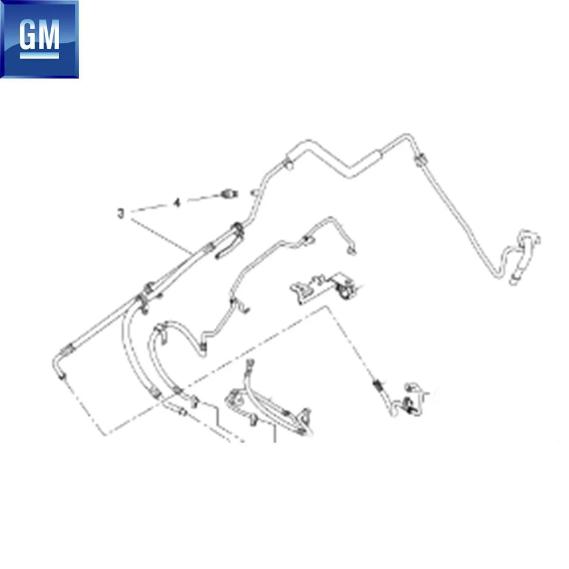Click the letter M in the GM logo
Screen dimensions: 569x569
(48, 34)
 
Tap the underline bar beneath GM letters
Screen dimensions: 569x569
(39, 55)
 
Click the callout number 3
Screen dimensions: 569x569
(120, 213)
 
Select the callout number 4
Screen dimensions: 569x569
(177, 203)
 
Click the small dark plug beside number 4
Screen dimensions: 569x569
(229, 194)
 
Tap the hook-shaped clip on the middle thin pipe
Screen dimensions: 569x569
(241, 306)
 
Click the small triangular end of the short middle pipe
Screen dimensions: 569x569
(351, 251)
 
